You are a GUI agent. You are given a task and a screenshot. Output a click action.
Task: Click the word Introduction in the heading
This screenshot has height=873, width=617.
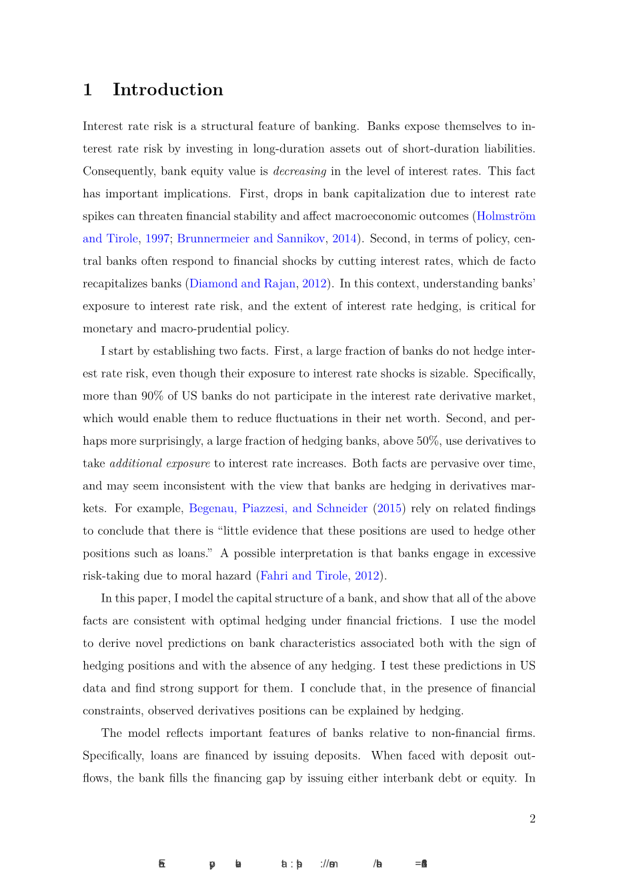tap(167, 89)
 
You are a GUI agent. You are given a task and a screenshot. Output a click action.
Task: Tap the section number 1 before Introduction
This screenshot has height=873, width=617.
tap(87, 89)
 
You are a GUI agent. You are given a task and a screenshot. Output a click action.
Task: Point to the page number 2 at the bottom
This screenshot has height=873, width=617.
tap(532, 819)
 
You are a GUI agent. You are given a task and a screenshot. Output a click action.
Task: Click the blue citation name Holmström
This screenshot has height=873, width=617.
tap(506, 216)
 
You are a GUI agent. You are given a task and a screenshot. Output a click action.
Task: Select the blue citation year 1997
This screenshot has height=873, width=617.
tap(157, 239)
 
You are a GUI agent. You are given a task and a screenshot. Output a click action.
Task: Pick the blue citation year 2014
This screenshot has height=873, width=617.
tap(344, 239)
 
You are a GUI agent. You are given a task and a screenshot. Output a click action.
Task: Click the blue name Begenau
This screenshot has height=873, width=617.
tap(213, 508)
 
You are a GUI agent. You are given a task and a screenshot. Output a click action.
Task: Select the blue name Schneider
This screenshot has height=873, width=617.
tap(342, 508)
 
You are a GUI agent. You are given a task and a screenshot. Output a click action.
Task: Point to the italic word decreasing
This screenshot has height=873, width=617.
tap(299, 171)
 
